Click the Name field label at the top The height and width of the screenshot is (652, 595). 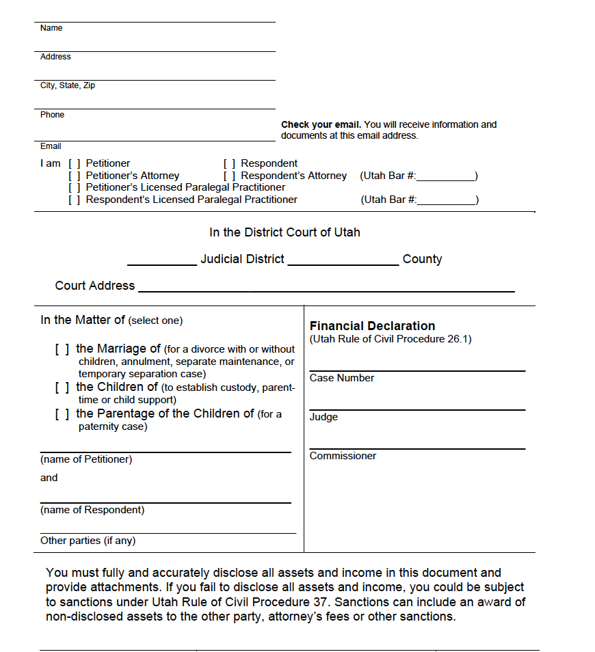[x=51, y=28]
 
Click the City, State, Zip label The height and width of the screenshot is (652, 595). [x=68, y=85]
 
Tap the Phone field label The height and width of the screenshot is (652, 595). [x=52, y=115]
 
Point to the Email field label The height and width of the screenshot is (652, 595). [x=51, y=146]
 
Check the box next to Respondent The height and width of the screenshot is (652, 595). [x=230, y=163]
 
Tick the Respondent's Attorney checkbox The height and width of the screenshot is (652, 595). [x=230, y=176]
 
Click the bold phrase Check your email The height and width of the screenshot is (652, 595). [x=321, y=124]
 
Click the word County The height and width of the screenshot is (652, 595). [x=422, y=259]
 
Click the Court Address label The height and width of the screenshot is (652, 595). [x=95, y=286]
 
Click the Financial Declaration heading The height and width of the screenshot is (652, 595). [x=372, y=326]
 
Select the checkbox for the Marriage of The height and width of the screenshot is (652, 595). [x=62, y=349]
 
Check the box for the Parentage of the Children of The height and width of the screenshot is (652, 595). [x=62, y=413]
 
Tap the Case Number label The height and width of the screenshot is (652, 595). [x=342, y=378]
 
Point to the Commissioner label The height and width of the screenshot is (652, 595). [x=343, y=456]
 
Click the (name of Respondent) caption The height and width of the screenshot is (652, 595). [x=92, y=510]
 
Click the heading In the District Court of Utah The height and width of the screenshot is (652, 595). [x=285, y=232]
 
